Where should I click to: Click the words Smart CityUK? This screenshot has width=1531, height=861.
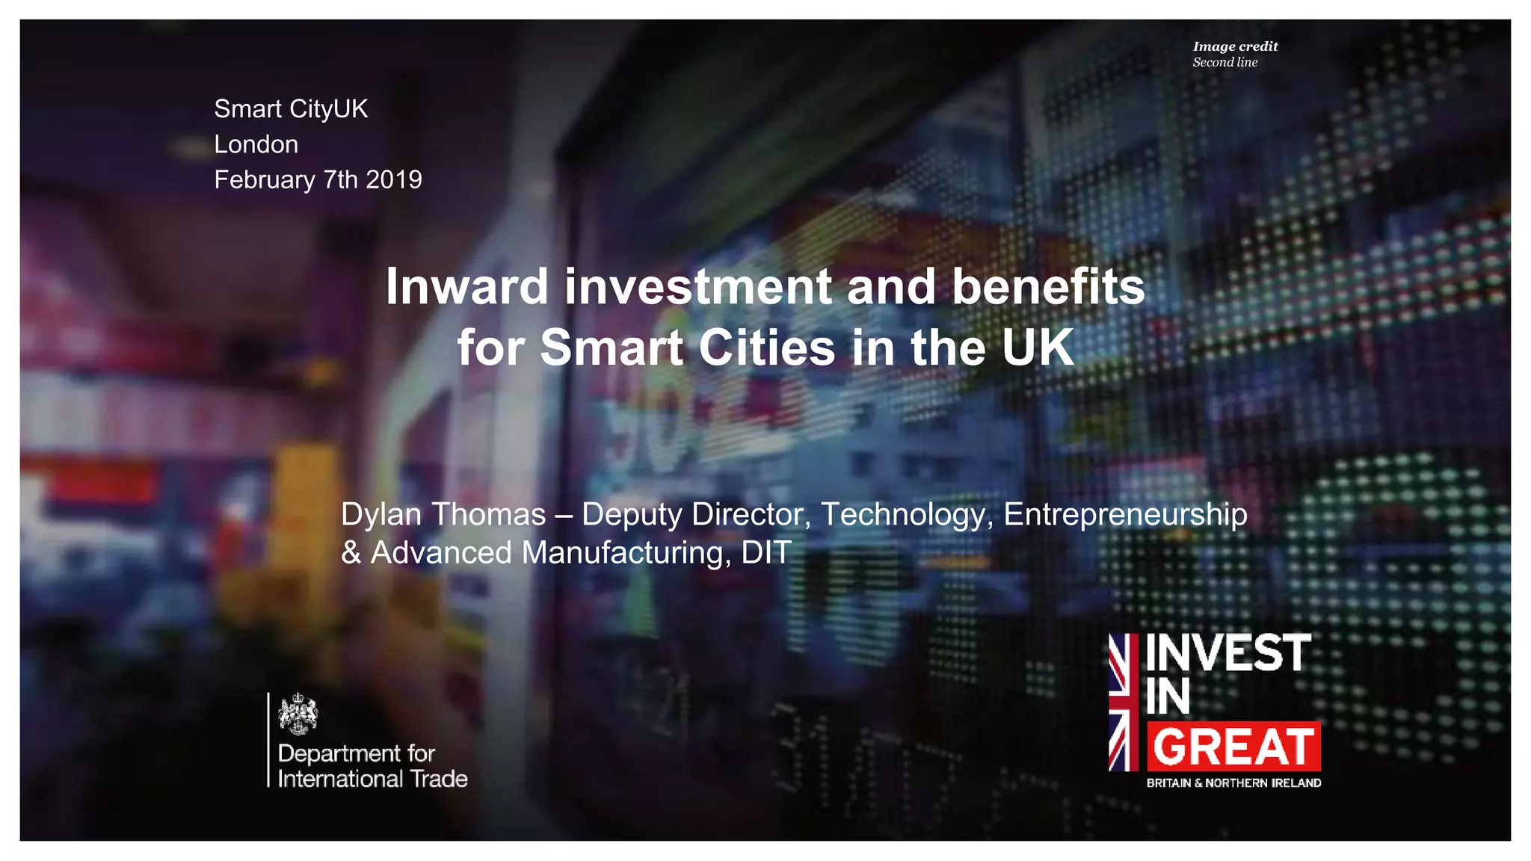pyautogui.click(x=291, y=109)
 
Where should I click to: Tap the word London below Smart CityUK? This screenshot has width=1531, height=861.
pyautogui.click(x=256, y=144)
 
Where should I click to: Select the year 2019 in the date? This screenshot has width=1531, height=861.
pyautogui.click(x=394, y=180)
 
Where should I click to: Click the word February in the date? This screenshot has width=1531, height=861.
pyautogui.click(x=265, y=180)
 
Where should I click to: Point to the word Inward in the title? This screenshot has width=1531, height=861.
pyautogui.click(x=466, y=287)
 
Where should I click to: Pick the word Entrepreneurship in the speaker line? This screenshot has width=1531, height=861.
pyautogui.click(x=1125, y=514)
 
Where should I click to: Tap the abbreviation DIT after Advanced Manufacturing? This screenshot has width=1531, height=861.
pyautogui.click(x=766, y=553)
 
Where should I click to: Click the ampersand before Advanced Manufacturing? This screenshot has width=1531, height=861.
pyautogui.click(x=351, y=553)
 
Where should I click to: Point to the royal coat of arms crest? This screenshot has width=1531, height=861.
pyautogui.click(x=298, y=714)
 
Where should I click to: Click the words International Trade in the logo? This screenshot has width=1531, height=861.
pyautogui.click(x=372, y=779)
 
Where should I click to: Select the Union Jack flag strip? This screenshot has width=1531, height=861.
pyautogui.click(x=1123, y=702)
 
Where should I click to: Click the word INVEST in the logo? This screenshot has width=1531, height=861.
pyautogui.click(x=1228, y=653)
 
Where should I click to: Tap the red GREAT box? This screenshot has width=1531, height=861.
pyautogui.click(x=1233, y=747)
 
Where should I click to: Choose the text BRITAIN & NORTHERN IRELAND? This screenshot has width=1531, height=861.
pyautogui.click(x=1233, y=783)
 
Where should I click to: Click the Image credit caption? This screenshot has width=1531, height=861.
pyautogui.click(x=1235, y=46)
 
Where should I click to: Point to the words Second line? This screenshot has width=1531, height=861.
pyautogui.click(x=1225, y=63)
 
